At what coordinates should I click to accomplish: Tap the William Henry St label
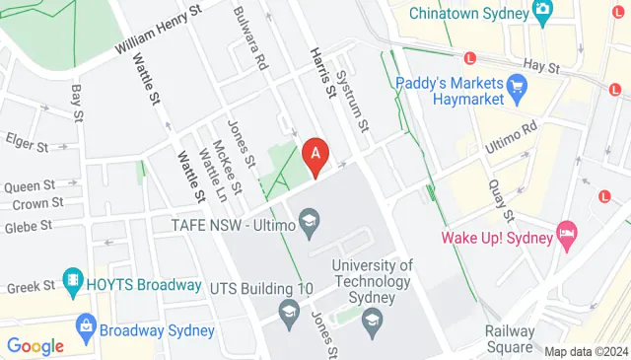click(158, 31)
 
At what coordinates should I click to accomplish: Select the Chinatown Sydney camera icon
click(541, 11)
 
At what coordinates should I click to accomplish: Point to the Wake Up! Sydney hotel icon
click(566, 236)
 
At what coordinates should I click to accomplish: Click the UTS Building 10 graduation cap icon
click(289, 314)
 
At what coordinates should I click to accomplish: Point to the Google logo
click(35, 346)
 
